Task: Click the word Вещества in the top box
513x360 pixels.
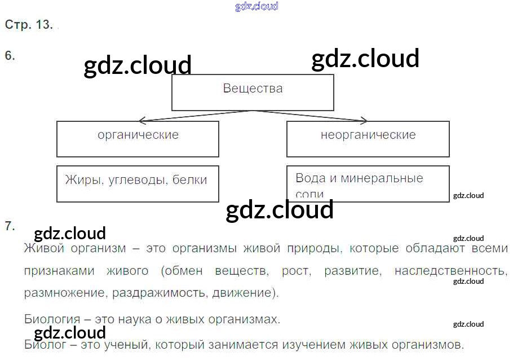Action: [253, 89]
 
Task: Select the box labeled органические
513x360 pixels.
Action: [138, 139]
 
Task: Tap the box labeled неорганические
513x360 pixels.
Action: [368, 139]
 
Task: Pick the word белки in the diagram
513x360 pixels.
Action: [189, 180]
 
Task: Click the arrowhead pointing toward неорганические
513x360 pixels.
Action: [364, 120]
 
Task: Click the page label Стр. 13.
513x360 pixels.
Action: [29, 25]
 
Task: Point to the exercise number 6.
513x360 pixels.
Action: [10, 55]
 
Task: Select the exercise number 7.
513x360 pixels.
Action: [10, 226]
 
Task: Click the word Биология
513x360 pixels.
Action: [51, 319]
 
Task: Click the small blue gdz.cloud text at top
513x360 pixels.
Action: [256, 7]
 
